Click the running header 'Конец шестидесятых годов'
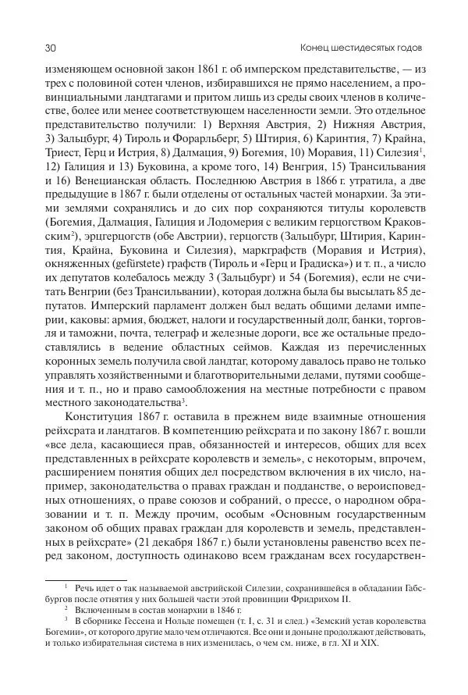tap(366, 48)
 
